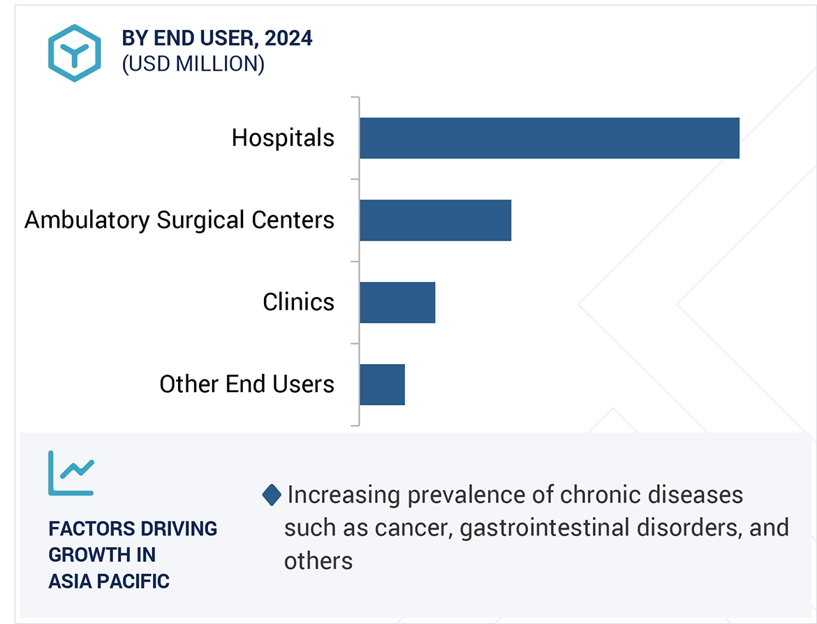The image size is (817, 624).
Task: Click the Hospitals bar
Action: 549,138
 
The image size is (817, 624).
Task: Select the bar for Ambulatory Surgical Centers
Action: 435,220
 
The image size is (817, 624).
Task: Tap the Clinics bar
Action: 397,303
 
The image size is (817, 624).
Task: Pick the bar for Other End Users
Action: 382,384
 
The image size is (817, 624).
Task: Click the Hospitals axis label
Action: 283,138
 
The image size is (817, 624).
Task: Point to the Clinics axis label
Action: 298,303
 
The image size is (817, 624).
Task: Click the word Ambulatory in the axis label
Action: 87,221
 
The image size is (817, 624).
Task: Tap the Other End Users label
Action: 246,384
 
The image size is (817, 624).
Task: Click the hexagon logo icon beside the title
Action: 75,52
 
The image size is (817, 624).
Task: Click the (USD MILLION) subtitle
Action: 193,64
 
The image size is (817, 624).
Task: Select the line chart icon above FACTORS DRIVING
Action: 71,473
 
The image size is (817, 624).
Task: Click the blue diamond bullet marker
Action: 272,495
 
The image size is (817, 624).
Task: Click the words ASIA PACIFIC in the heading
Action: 109,581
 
